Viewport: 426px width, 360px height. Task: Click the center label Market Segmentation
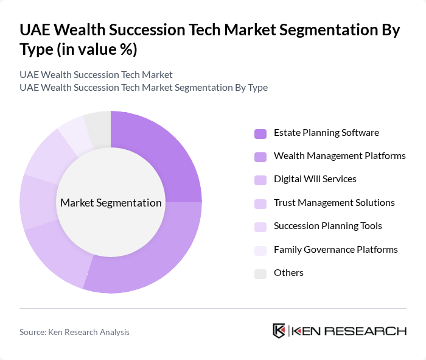tap(111, 203)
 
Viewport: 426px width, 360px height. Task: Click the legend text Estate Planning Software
tap(326, 133)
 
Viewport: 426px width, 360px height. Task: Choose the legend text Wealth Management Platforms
tap(340, 156)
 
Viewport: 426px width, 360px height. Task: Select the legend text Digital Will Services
tap(315, 179)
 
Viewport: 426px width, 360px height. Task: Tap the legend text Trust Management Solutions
tap(334, 202)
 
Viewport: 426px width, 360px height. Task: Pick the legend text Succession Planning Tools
tap(328, 226)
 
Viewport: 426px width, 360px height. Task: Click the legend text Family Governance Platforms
tap(336, 249)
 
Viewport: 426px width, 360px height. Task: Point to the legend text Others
tap(288, 272)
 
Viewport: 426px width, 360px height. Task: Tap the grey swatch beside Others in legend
tap(260, 274)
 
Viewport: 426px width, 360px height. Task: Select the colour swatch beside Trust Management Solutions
tap(260, 203)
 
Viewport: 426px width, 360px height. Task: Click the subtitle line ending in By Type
tap(144, 88)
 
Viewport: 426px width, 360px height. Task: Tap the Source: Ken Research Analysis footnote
tap(74, 332)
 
